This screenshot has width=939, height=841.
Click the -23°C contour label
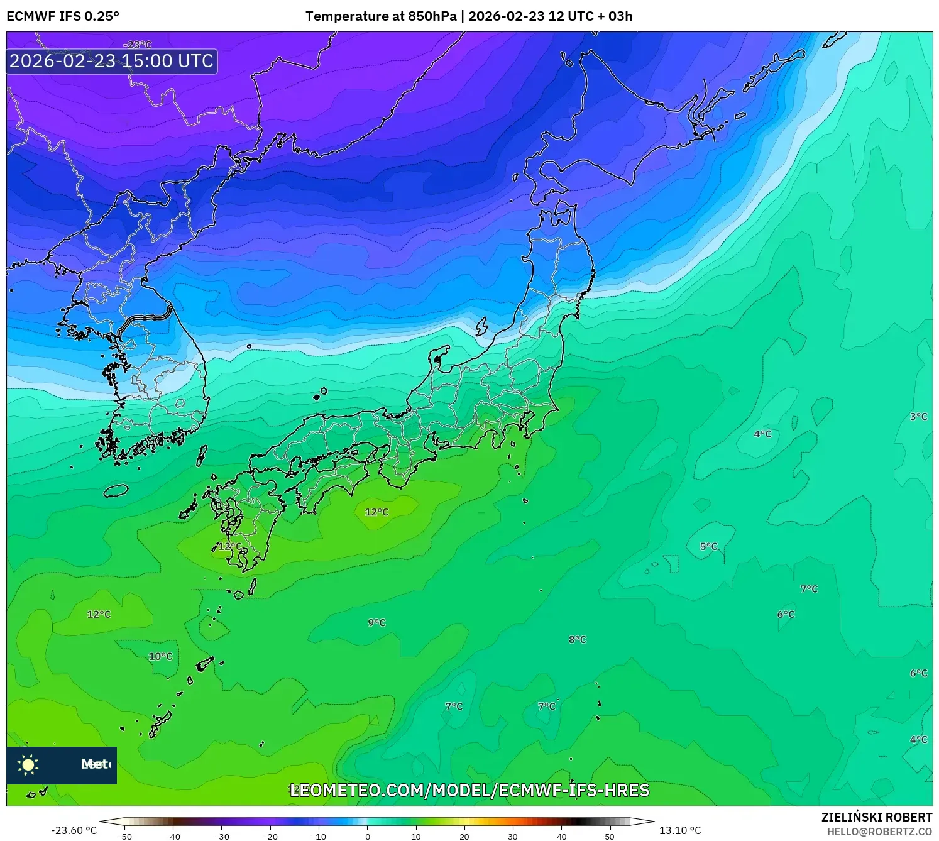(138, 45)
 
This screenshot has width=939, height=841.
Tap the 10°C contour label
(160, 656)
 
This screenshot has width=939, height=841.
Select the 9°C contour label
(376, 622)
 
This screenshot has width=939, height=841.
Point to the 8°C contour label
(577, 639)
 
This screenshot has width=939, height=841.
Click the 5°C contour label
(708, 546)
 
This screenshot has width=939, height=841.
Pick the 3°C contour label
(918, 416)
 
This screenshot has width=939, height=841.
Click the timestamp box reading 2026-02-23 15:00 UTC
(112, 61)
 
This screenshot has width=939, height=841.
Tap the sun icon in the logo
(28, 764)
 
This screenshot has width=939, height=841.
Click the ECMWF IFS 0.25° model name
(63, 16)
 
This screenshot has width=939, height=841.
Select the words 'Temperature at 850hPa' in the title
(381, 16)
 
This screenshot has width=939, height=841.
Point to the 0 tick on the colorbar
(368, 837)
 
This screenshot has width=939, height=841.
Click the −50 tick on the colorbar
(124, 837)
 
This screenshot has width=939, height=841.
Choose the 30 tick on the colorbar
(513, 837)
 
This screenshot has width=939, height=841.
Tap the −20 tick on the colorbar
(270, 837)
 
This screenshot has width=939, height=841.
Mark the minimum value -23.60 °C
(74, 830)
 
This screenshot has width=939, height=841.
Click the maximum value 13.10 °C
(680, 830)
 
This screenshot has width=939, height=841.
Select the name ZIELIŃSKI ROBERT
(877, 817)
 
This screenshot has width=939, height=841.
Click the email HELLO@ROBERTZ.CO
(879, 832)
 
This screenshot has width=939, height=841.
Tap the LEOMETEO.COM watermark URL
(469, 790)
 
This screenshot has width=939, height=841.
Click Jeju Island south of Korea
(116, 490)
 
